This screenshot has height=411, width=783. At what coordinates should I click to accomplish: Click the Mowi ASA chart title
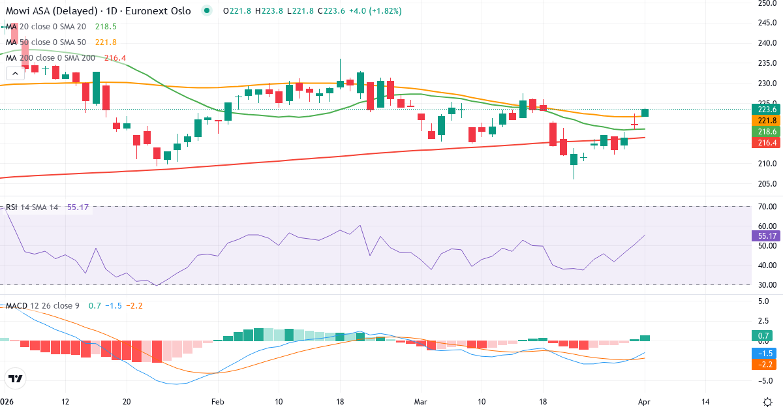click(x=98, y=11)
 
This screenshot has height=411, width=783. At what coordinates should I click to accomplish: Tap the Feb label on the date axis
click(x=218, y=402)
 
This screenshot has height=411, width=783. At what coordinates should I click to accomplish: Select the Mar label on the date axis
click(x=420, y=402)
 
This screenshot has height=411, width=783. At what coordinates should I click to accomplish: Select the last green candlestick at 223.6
click(x=645, y=113)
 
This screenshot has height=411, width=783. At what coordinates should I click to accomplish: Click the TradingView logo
click(x=16, y=378)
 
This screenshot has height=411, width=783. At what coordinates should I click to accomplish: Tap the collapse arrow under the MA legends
click(x=15, y=74)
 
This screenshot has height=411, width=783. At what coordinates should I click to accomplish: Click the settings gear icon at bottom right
click(x=768, y=402)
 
